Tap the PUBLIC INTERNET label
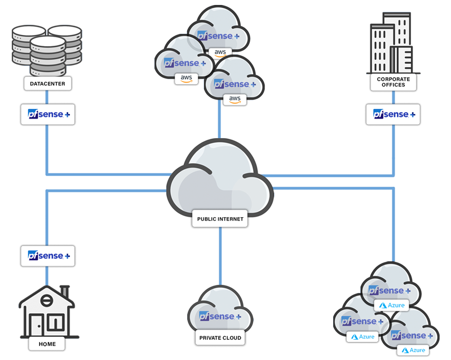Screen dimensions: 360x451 click(220, 218)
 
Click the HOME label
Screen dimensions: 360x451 click(47, 343)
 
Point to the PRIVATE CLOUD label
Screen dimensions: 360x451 click(220, 338)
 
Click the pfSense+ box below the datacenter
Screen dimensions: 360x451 click(48, 115)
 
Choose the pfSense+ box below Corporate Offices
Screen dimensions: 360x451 click(393, 115)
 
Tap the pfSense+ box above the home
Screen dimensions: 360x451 click(48, 256)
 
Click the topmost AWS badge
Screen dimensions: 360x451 click(220, 52)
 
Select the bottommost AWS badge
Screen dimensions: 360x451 click(235, 99)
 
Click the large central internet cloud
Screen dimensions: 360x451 click(220, 178)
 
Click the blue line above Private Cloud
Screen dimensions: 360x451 click(220, 254)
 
